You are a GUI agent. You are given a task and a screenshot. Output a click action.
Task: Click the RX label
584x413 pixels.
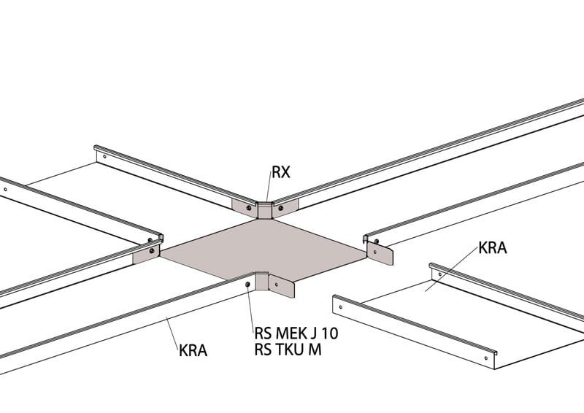(x=281, y=173)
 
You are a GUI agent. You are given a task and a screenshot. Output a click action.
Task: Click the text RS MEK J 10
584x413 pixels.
(x=296, y=333)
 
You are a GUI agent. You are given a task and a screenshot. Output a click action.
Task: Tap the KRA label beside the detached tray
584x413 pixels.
(x=493, y=247)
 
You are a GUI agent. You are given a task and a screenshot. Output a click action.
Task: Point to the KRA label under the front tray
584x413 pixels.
(x=193, y=350)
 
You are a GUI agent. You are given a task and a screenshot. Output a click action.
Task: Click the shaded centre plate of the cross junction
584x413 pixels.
(x=263, y=248)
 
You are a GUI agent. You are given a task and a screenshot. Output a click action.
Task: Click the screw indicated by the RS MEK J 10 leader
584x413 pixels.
(x=249, y=283)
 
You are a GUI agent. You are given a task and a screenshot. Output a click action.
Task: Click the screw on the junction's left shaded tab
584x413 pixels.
(x=151, y=251)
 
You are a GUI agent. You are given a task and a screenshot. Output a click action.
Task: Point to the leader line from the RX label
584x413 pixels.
(x=268, y=191)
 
